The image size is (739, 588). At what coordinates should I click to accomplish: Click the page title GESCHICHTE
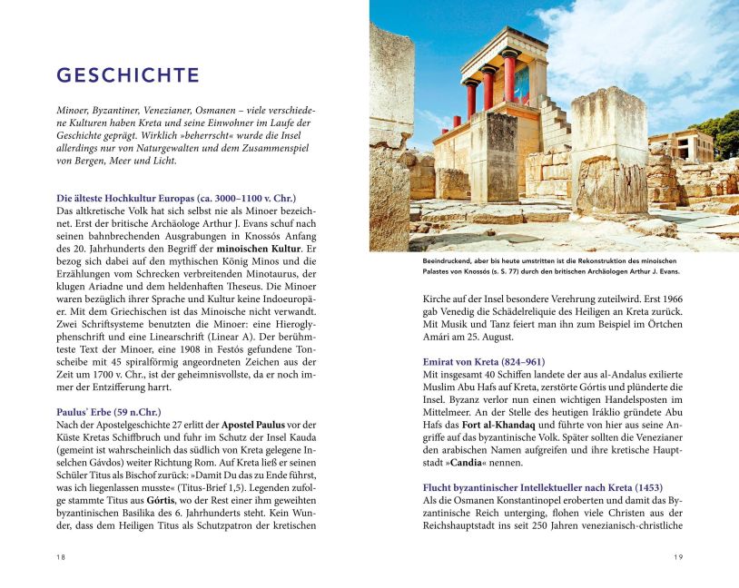127,74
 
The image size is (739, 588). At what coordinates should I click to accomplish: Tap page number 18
61,557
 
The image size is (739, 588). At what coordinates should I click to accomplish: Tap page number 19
677,557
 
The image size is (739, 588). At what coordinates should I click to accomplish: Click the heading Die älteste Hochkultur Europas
176,198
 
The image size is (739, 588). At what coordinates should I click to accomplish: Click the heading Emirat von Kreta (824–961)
484,361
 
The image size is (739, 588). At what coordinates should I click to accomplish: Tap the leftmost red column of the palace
471,100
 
